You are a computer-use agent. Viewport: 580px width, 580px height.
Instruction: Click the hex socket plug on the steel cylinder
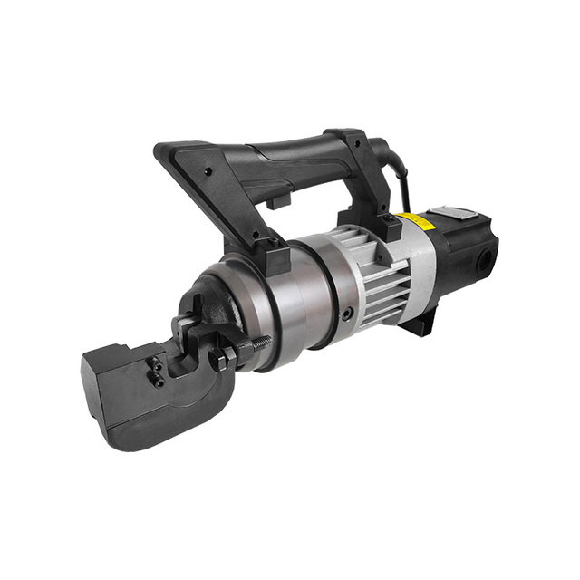346,314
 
